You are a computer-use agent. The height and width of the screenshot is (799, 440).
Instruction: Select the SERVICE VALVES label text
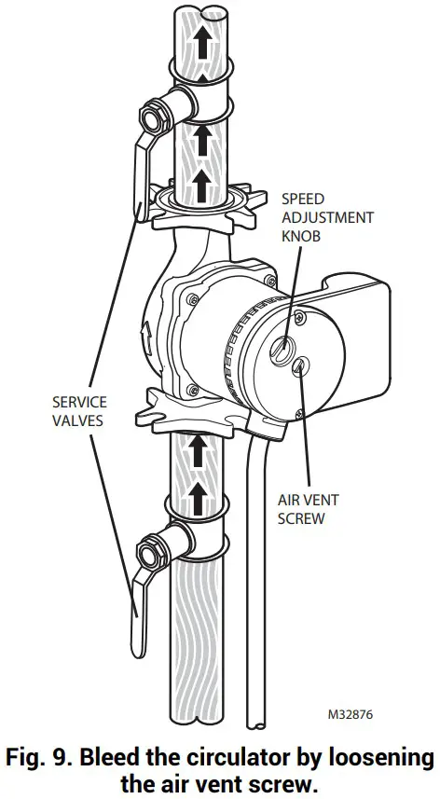pyautogui.click(x=79, y=411)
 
